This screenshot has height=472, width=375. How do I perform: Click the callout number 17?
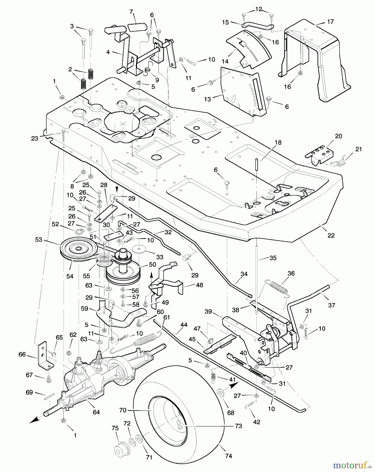[330, 22]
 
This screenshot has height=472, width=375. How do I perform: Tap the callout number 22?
[331, 235]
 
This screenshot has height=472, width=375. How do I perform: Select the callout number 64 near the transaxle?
[96, 412]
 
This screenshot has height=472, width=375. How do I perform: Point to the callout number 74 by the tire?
[229, 456]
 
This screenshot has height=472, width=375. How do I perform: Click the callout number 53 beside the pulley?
[39, 239]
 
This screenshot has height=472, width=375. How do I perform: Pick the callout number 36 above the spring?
[291, 273]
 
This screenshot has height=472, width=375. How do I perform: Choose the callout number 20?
[339, 136]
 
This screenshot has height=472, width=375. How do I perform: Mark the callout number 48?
[199, 285]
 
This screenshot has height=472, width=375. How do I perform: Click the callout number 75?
[115, 428]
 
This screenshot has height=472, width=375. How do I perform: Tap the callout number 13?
[207, 99]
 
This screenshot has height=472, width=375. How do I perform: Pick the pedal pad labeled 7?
[138, 27]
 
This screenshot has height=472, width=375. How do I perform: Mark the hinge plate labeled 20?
[319, 154]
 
